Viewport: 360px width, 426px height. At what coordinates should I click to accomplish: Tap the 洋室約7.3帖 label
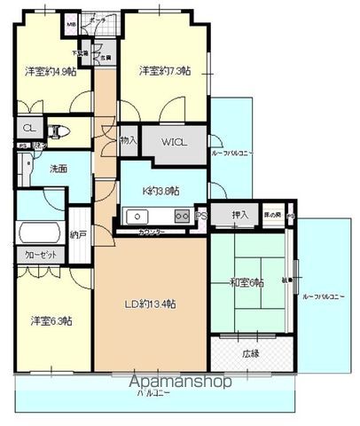click(x=163, y=71)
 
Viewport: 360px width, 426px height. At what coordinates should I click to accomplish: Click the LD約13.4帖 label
click(x=150, y=304)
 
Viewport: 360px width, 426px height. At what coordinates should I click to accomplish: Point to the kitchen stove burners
click(x=180, y=215)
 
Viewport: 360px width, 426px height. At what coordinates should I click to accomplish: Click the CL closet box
click(x=29, y=128)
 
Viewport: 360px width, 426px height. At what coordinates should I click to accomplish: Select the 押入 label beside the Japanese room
click(x=239, y=215)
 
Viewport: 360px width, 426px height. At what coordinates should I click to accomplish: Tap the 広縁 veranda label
click(x=250, y=353)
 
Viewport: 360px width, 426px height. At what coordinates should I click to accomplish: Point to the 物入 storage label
click(x=129, y=140)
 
